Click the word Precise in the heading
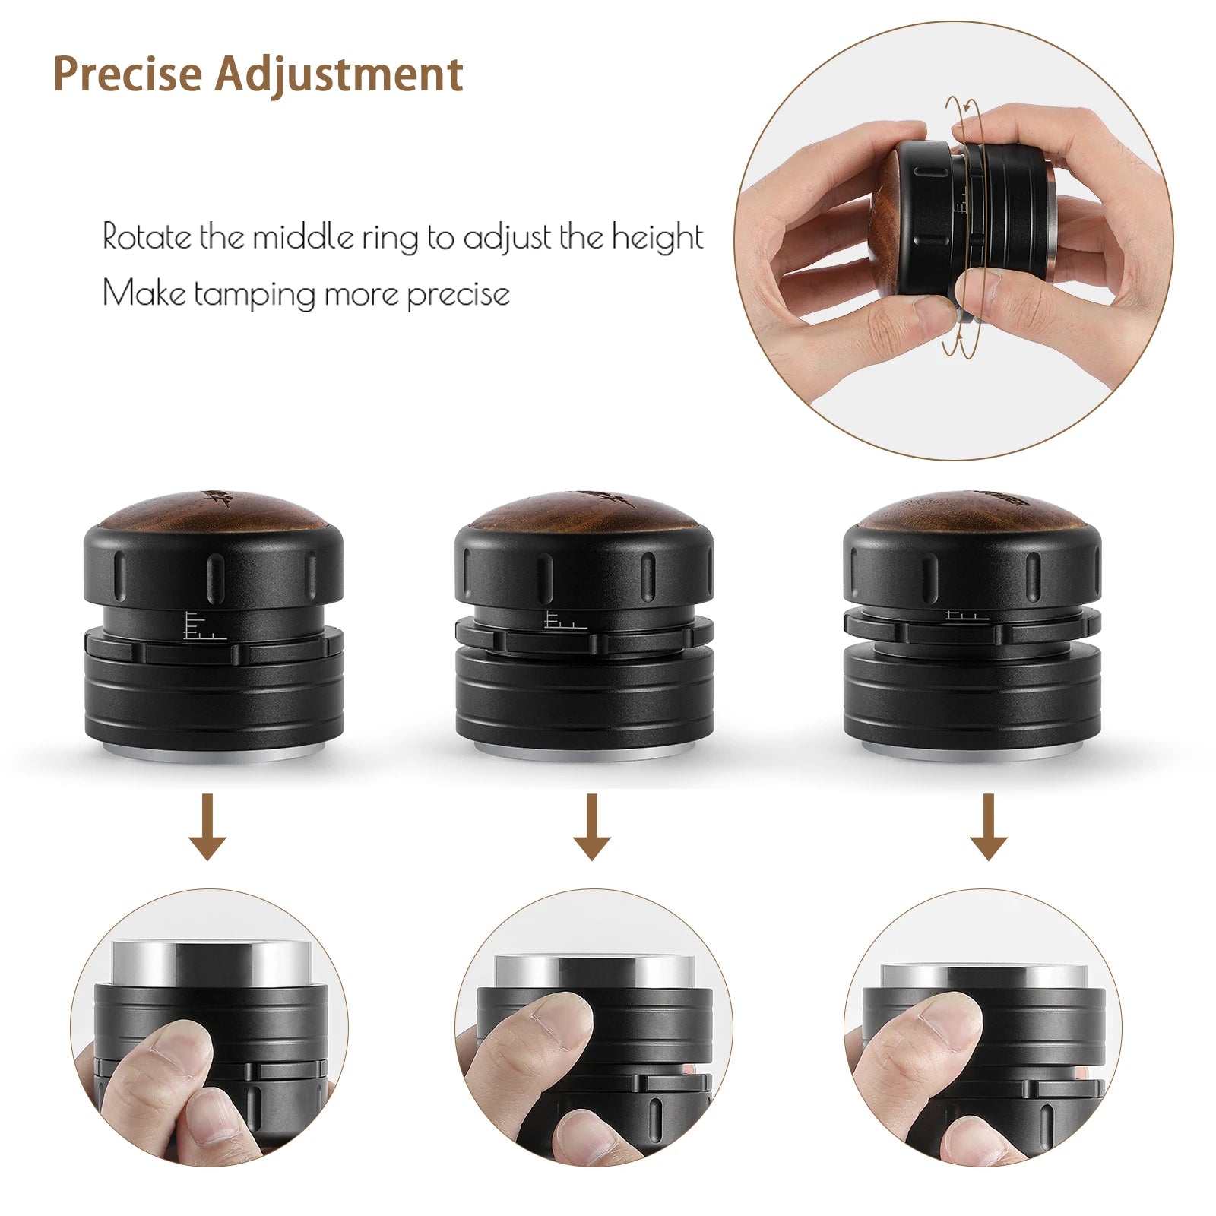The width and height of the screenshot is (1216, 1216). pyautogui.click(x=128, y=74)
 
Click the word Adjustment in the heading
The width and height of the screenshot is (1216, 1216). pyautogui.click(x=339, y=74)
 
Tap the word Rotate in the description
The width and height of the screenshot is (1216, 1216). pyautogui.click(x=147, y=237)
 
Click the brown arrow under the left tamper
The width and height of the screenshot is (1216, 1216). pyautogui.click(x=207, y=828)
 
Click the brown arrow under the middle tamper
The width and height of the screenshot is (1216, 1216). pyautogui.click(x=591, y=828)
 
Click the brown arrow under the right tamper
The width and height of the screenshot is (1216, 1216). pyautogui.click(x=988, y=828)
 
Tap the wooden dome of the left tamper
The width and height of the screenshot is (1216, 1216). pyautogui.click(x=213, y=512)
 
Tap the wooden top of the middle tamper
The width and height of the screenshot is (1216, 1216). pyautogui.click(x=584, y=512)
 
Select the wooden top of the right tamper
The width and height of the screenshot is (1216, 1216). pyautogui.click(x=973, y=512)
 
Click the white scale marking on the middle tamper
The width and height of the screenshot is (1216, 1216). pyautogui.click(x=562, y=621)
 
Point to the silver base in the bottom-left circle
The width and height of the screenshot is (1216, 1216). pyautogui.click(x=211, y=964)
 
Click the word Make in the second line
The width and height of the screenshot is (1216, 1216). pyautogui.click(x=143, y=293)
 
